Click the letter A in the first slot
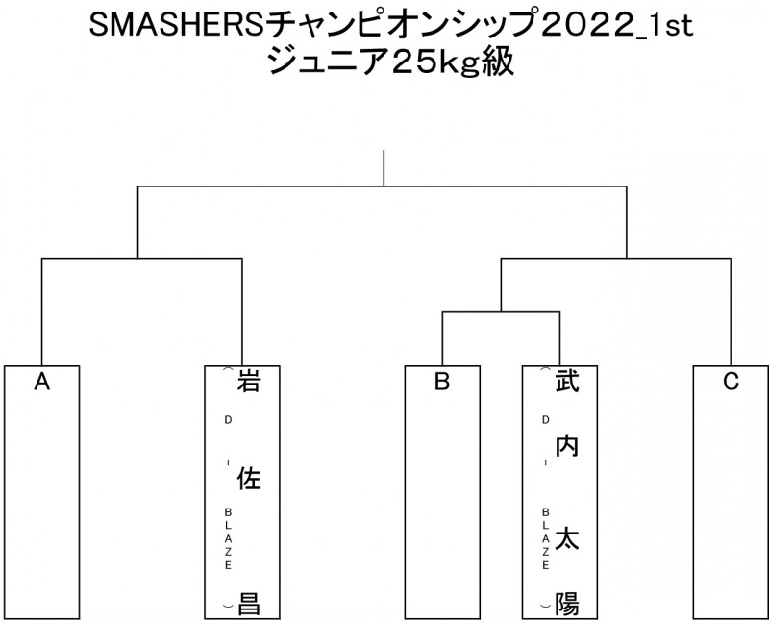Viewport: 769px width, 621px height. click(x=41, y=383)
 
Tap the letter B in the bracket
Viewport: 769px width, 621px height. click(x=441, y=383)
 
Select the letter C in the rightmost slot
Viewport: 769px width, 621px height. click(x=730, y=383)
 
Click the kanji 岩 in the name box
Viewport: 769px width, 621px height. click(x=249, y=383)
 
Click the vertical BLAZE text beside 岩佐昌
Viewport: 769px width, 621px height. click(x=228, y=539)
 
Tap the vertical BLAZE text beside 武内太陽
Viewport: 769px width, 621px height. click(x=545, y=539)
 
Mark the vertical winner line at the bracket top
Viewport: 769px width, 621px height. click(x=384, y=167)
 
